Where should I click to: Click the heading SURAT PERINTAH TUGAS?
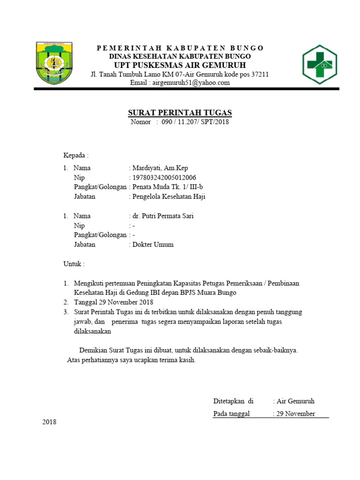point(180,113)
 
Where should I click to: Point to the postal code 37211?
point(260,75)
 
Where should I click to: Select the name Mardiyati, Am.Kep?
point(160,168)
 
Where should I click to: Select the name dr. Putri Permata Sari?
point(163,216)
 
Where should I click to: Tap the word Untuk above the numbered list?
point(74,264)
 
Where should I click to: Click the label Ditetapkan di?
point(233,401)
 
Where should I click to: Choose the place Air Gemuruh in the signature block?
point(295,401)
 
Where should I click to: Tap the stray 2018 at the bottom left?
point(49,422)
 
